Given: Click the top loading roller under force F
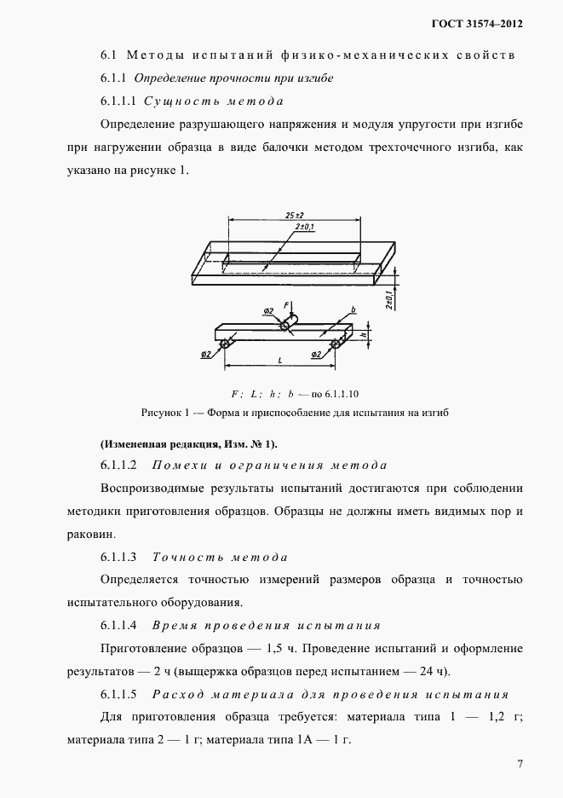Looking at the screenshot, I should pos(284,325).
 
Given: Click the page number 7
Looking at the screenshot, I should pos(519,763).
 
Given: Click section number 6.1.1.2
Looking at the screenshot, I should pos(118,465).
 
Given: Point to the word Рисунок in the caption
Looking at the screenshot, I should pos(160,413).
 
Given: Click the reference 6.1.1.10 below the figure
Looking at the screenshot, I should pos(343,394).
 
